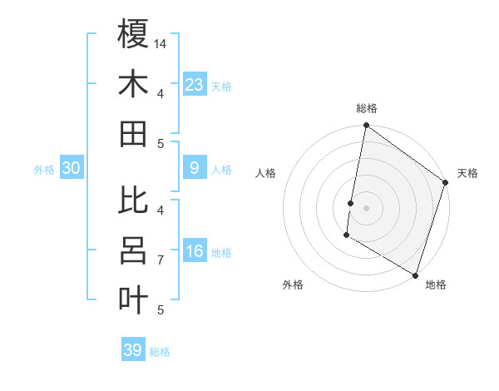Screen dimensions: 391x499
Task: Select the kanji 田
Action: pos(133,133)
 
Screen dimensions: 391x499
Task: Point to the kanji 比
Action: pos(133,200)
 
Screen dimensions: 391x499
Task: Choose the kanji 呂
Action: pos(133,250)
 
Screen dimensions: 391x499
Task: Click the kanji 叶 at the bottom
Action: pos(133,299)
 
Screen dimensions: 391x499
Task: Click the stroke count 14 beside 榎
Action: pos(161,43)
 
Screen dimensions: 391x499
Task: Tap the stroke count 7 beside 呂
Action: pos(161,260)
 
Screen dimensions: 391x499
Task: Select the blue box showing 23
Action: pos(195,85)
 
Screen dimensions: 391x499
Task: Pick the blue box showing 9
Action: pos(195,169)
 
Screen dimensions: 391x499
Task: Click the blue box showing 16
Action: pos(195,252)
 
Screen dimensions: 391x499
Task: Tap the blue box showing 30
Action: pos(72,169)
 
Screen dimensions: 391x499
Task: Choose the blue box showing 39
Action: pos(133,350)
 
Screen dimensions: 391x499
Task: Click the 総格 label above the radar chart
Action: pos(366,108)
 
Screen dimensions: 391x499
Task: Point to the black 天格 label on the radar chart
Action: pos(467,173)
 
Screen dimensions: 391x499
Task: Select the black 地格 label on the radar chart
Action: pos(436,285)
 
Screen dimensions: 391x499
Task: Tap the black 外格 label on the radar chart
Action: pos(293,285)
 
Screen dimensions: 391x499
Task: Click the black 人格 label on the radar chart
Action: pos(266,173)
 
